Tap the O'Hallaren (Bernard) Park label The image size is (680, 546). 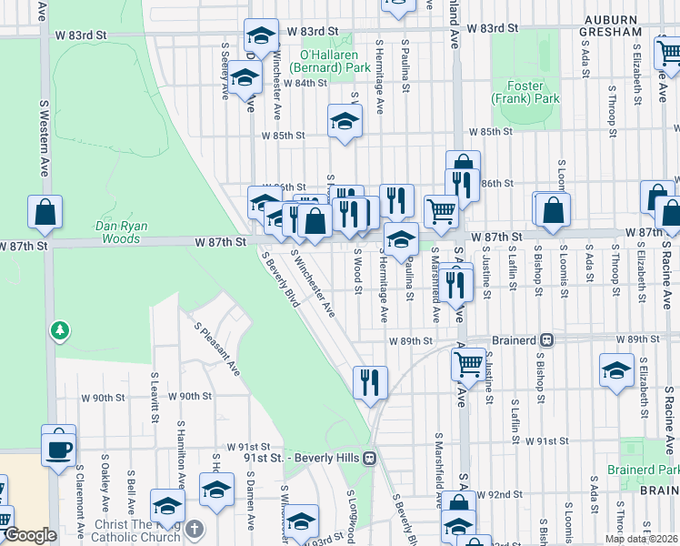point(329,61)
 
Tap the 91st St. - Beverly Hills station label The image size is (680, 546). point(303,457)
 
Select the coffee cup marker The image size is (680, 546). point(59,448)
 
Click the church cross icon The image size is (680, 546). point(195,529)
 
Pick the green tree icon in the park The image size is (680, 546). point(60,329)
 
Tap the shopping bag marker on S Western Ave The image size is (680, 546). point(45,213)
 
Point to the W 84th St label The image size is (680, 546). point(305,83)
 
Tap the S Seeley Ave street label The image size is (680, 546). point(225,69)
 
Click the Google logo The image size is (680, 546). point(29,536)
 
